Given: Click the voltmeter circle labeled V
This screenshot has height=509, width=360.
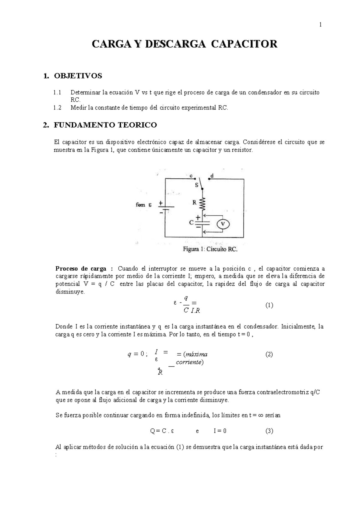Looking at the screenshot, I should [223, 224].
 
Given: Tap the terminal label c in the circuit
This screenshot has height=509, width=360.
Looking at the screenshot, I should [191, 176].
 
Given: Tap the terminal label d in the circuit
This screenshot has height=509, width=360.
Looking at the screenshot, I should [212, 176].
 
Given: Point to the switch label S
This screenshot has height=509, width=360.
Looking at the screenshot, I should [197, 185].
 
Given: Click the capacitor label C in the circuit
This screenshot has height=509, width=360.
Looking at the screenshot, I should [191, 223].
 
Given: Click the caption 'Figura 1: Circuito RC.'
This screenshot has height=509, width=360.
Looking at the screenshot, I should [210, 249].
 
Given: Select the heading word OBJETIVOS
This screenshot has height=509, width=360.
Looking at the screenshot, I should [78, 76].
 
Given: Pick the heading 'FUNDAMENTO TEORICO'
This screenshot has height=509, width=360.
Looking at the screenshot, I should [105, 125].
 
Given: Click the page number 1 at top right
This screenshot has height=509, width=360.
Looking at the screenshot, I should [320, 25].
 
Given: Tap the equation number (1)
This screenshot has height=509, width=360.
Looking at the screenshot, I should [269, 305].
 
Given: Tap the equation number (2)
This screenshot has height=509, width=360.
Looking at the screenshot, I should [269, 354].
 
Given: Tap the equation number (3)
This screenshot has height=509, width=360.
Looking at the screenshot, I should [269, 431].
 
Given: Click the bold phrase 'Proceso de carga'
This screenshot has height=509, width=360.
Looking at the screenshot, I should [81, 268].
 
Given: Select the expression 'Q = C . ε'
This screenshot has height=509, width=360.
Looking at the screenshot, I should [162, 431].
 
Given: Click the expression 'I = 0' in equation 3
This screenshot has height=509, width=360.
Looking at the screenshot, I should [220, 431].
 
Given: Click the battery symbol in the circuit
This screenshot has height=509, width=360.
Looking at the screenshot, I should [165, 207].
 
